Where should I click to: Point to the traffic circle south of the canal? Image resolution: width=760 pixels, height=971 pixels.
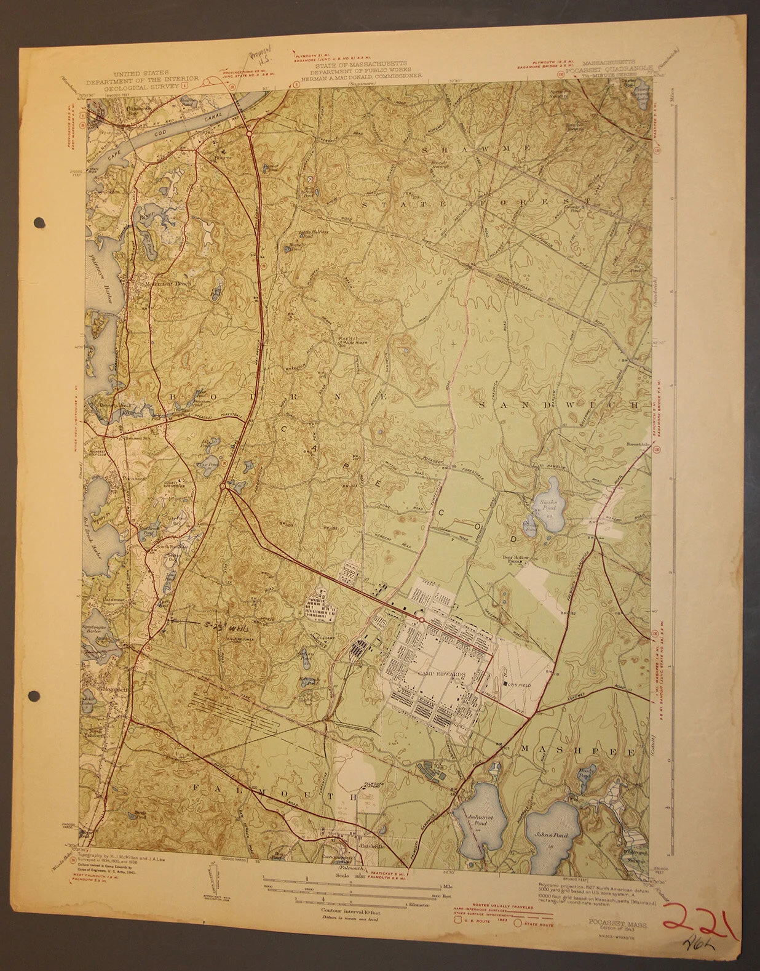(249, 132)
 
